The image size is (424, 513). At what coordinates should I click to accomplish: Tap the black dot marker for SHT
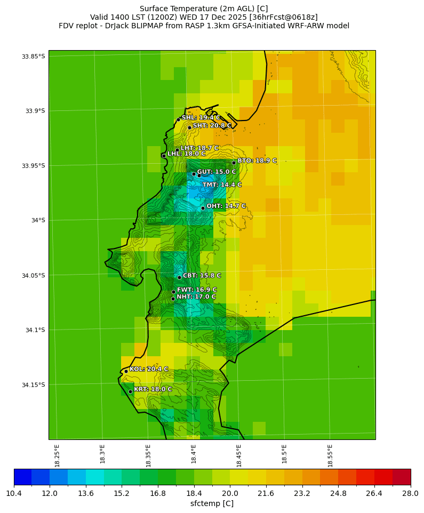coord(189,127)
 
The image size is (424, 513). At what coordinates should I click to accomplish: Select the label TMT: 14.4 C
coord(222,185)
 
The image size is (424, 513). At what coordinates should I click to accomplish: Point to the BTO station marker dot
coord(234,163)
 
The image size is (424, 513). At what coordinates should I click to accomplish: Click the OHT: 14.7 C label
coord(226,206)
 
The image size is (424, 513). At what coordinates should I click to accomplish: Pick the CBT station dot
coord(179,277)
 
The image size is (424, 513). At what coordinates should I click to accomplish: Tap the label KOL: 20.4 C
coord(149,369)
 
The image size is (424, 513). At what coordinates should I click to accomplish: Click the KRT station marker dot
coord(130,391)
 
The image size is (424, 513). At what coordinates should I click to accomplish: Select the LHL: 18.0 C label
coord(186,154)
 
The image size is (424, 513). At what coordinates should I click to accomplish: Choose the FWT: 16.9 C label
coord(197,290)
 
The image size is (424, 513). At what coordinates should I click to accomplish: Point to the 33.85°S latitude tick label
coord(33,57)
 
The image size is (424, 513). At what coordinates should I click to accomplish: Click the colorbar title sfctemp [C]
coord(212,503)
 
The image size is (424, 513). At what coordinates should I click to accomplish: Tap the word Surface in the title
coord(153,9)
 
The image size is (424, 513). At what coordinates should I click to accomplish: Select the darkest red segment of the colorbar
coord(402,477)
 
